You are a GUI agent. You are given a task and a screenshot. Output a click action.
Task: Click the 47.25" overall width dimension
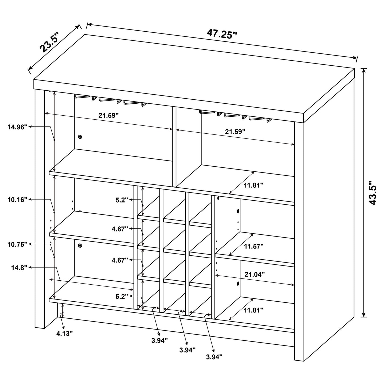[222, 34]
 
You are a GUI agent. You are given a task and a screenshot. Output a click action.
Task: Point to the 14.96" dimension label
[18, 127]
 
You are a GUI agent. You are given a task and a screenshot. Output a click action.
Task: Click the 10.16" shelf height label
[18, 200]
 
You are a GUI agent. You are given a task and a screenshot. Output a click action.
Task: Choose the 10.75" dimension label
[18, 244]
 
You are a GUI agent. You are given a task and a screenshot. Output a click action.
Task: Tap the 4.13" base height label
[64, 334]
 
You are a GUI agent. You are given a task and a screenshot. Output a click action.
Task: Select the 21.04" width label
[255, 274]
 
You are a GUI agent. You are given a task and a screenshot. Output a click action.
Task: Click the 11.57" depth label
[254, 246]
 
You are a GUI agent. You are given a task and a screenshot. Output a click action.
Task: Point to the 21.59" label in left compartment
[108, 116]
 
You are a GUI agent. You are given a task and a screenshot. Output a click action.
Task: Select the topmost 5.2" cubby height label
[122, 200]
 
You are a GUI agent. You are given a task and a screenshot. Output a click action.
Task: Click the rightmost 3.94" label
[214, 357]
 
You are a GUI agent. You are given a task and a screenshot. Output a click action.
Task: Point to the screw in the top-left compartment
[80, 137]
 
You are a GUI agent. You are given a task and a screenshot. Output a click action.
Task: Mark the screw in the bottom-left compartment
[80, 246]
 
